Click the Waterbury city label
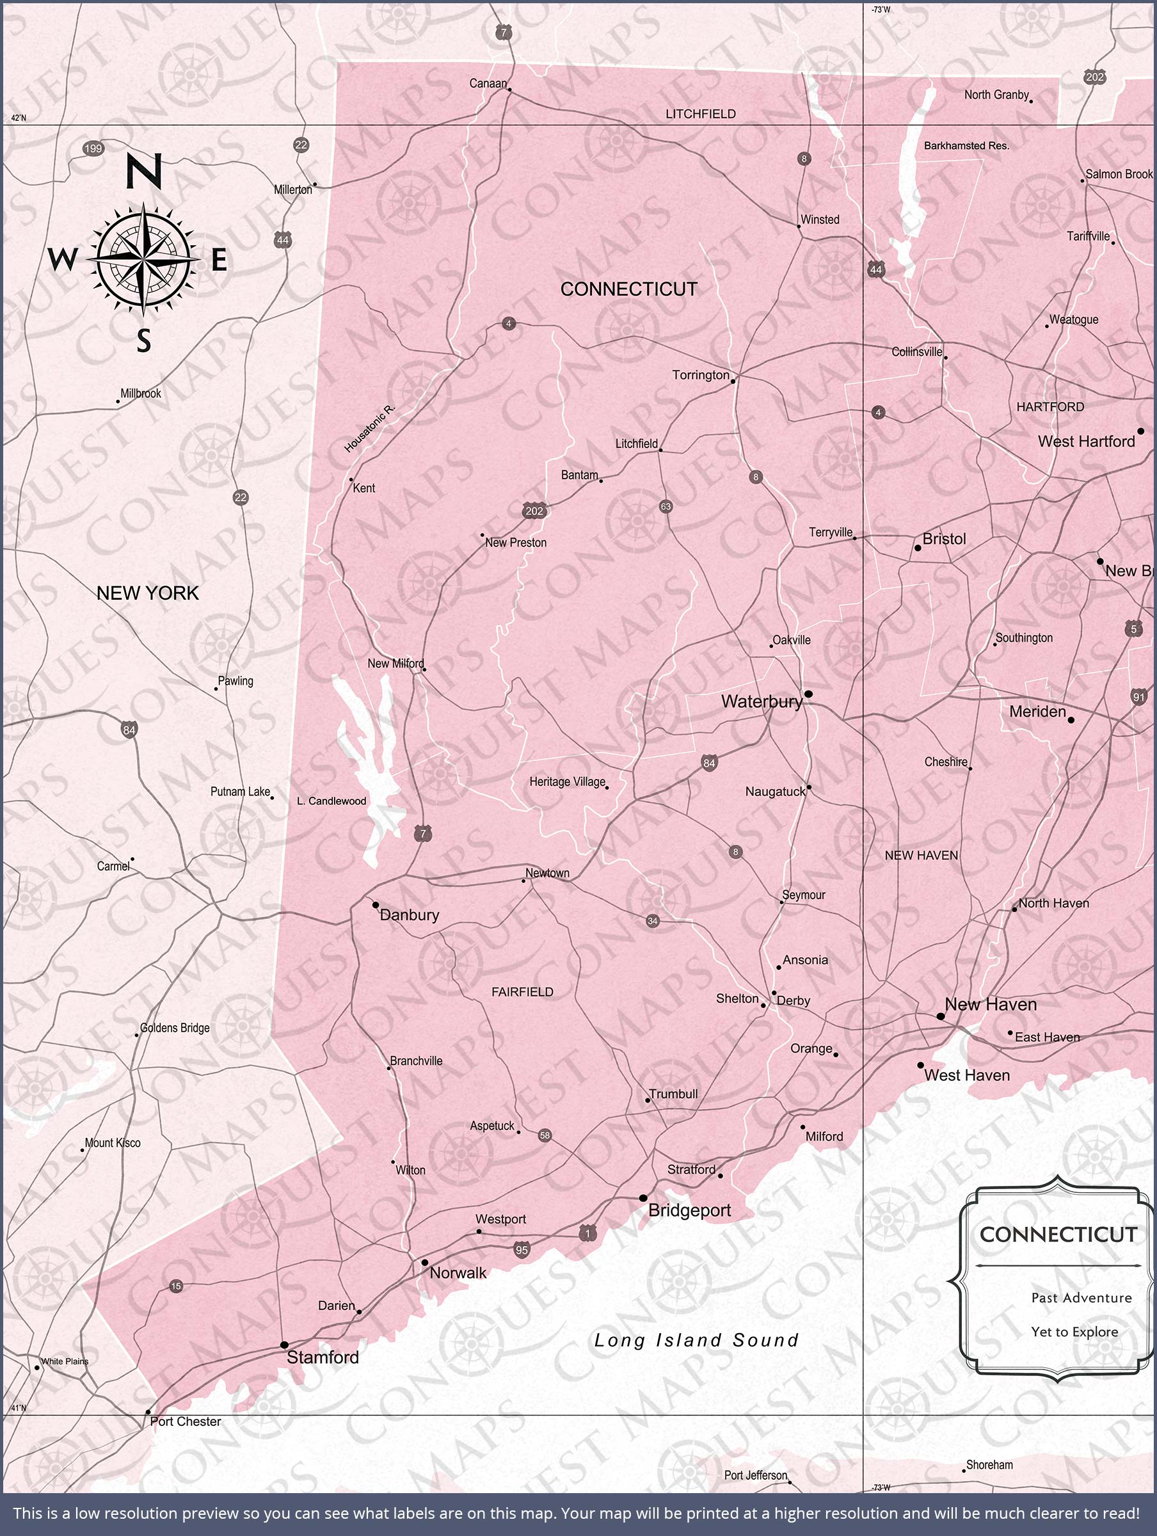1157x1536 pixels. point(761,701)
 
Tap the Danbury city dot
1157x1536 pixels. point(376,905)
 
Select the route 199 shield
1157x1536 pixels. point(93,148)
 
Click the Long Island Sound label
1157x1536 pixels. point(696,1340)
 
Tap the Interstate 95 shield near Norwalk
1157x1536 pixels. point(522,1250)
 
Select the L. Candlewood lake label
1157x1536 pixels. point(331,801)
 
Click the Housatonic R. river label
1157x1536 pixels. point(369,428)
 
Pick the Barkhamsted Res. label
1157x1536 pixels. point(966,146)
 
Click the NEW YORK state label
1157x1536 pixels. point(147,593)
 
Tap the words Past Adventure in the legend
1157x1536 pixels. point(1081,1298)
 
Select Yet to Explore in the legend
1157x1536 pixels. point(1074,1332)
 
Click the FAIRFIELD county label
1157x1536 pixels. point(522,991)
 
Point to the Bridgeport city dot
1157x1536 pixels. point(643,1198)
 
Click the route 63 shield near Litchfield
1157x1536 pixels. point(666,506)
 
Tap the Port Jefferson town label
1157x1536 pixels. point(756,1475)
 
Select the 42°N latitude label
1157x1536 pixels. point(18,118)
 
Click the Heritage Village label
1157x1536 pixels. point(568,782)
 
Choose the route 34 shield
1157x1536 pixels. point(652,921)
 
